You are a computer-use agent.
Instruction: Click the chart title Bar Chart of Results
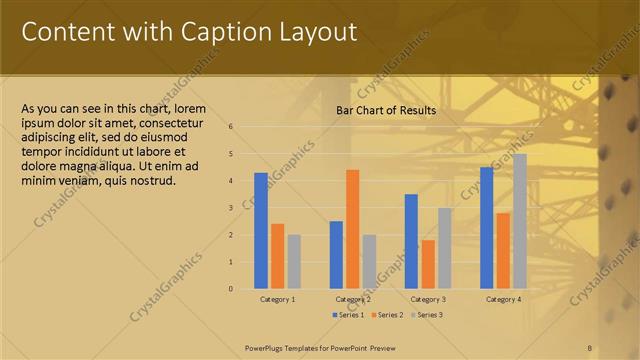pyautogui.click(x=385, y=110)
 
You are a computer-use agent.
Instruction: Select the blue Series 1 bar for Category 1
pyautogui.click(x=261, y=231)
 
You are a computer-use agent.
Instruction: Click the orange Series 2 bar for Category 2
pyautogui.click(x=352, y=229)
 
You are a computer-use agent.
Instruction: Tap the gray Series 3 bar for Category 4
pyautogui.click(x=519, y=221)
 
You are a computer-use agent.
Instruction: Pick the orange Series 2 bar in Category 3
pyautogui.click(x=428, y=264)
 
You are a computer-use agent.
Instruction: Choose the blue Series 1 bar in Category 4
pyautogui.click(x=487, y=228)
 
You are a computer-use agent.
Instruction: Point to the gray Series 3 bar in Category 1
pyautogui.click(x=294, y=262)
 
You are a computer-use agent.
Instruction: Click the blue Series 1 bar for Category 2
pyautogui.click(x=336, y=255)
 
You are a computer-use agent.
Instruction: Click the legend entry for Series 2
pyautogui.click(x=386, y=315)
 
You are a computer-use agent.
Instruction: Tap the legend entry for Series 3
pyautogui.click(x=426, y=315)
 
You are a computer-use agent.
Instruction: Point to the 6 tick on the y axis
pyautogui.click(x=230, y=127)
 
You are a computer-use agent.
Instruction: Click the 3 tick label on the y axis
pyautogui.click(x=230, y=208)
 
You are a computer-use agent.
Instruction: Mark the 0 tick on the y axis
pyautogui.click(x=230, y=289)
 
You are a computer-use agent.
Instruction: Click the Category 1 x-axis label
pyautogui.click(x=277, y=299)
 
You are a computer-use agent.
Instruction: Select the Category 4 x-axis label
pyautogui.click(x=503, y=299)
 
